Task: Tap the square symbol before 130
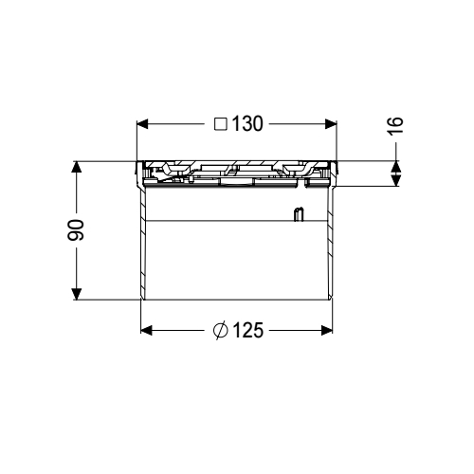[220, 124]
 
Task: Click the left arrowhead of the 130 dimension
[144, 124]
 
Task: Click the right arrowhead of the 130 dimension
[332, 124]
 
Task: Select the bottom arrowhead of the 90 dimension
[77, 293]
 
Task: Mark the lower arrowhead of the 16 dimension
[396, 180]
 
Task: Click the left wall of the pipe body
[142, 246]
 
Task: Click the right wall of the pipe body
[331, 246]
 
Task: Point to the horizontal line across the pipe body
[218, 221]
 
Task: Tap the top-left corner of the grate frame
[138, 161]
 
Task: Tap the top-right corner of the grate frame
[337, 161]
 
